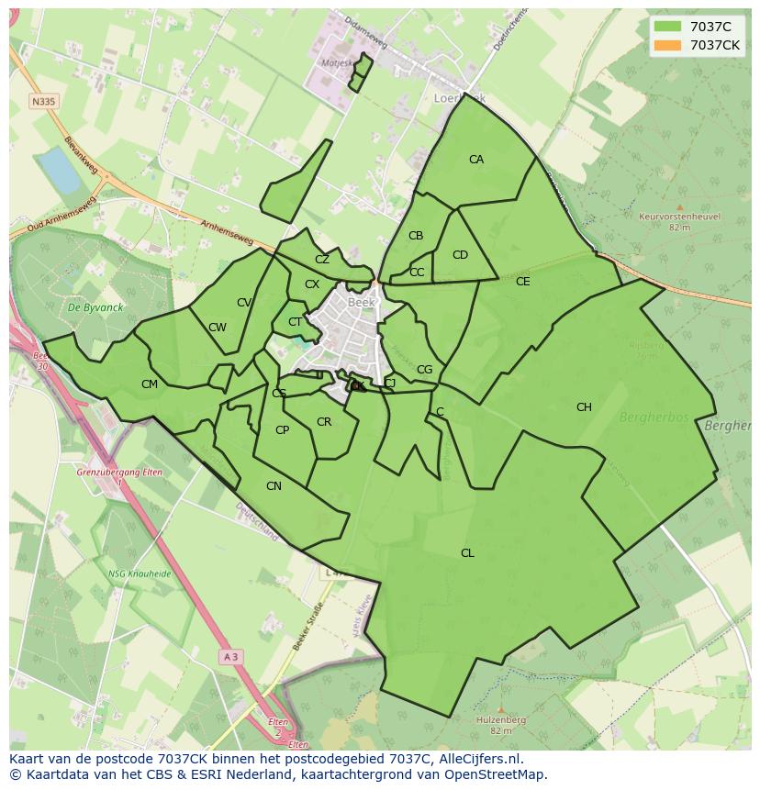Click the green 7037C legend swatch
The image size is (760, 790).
(668, 27)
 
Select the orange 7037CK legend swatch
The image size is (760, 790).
(668, 45)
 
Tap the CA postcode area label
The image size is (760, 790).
(475, 160)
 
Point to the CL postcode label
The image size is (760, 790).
(467, 552)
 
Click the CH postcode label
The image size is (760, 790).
(584, 407)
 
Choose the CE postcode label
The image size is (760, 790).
(522, 282)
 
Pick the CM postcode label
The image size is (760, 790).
(150, 384)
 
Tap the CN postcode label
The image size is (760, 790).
(274, 486)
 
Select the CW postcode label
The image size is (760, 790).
(218, 328)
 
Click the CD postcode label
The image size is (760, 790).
(460, 255)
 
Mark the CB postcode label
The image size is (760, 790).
(416, 236)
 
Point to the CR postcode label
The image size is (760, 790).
(323, 422)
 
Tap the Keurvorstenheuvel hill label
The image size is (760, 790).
(679, 217)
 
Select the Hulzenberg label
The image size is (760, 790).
(500, 720)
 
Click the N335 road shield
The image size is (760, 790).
(40, 101)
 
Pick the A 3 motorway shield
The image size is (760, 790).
(230, 657)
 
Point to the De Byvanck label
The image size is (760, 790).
(89, 308)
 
